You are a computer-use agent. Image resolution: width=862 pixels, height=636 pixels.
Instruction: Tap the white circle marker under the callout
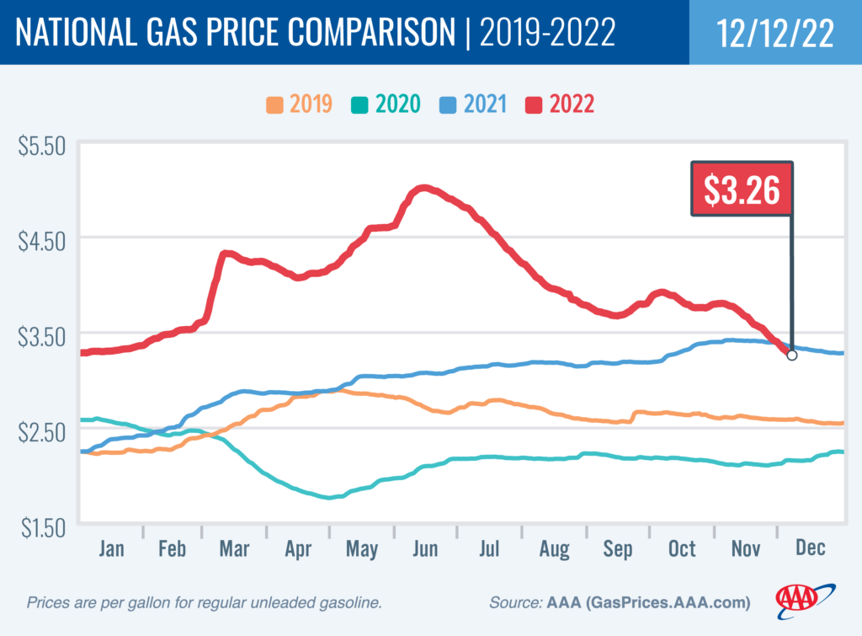coord(791,355)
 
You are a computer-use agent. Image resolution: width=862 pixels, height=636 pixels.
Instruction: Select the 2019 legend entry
coord(299,104)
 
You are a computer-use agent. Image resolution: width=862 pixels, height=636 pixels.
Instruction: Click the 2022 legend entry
coord(561,104)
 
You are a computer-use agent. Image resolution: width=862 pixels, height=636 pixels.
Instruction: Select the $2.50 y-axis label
coord(42,432)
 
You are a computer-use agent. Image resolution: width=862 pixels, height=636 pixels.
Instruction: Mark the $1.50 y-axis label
coord(42,527)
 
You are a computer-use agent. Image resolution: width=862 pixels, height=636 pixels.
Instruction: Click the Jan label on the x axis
coord(111,548)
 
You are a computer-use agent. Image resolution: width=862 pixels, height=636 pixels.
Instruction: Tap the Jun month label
coord(425,548)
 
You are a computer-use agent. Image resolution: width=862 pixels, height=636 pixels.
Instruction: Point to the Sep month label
coord(618,548)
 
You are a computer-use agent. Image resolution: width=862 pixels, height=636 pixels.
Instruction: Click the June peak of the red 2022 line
coord(423,188)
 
